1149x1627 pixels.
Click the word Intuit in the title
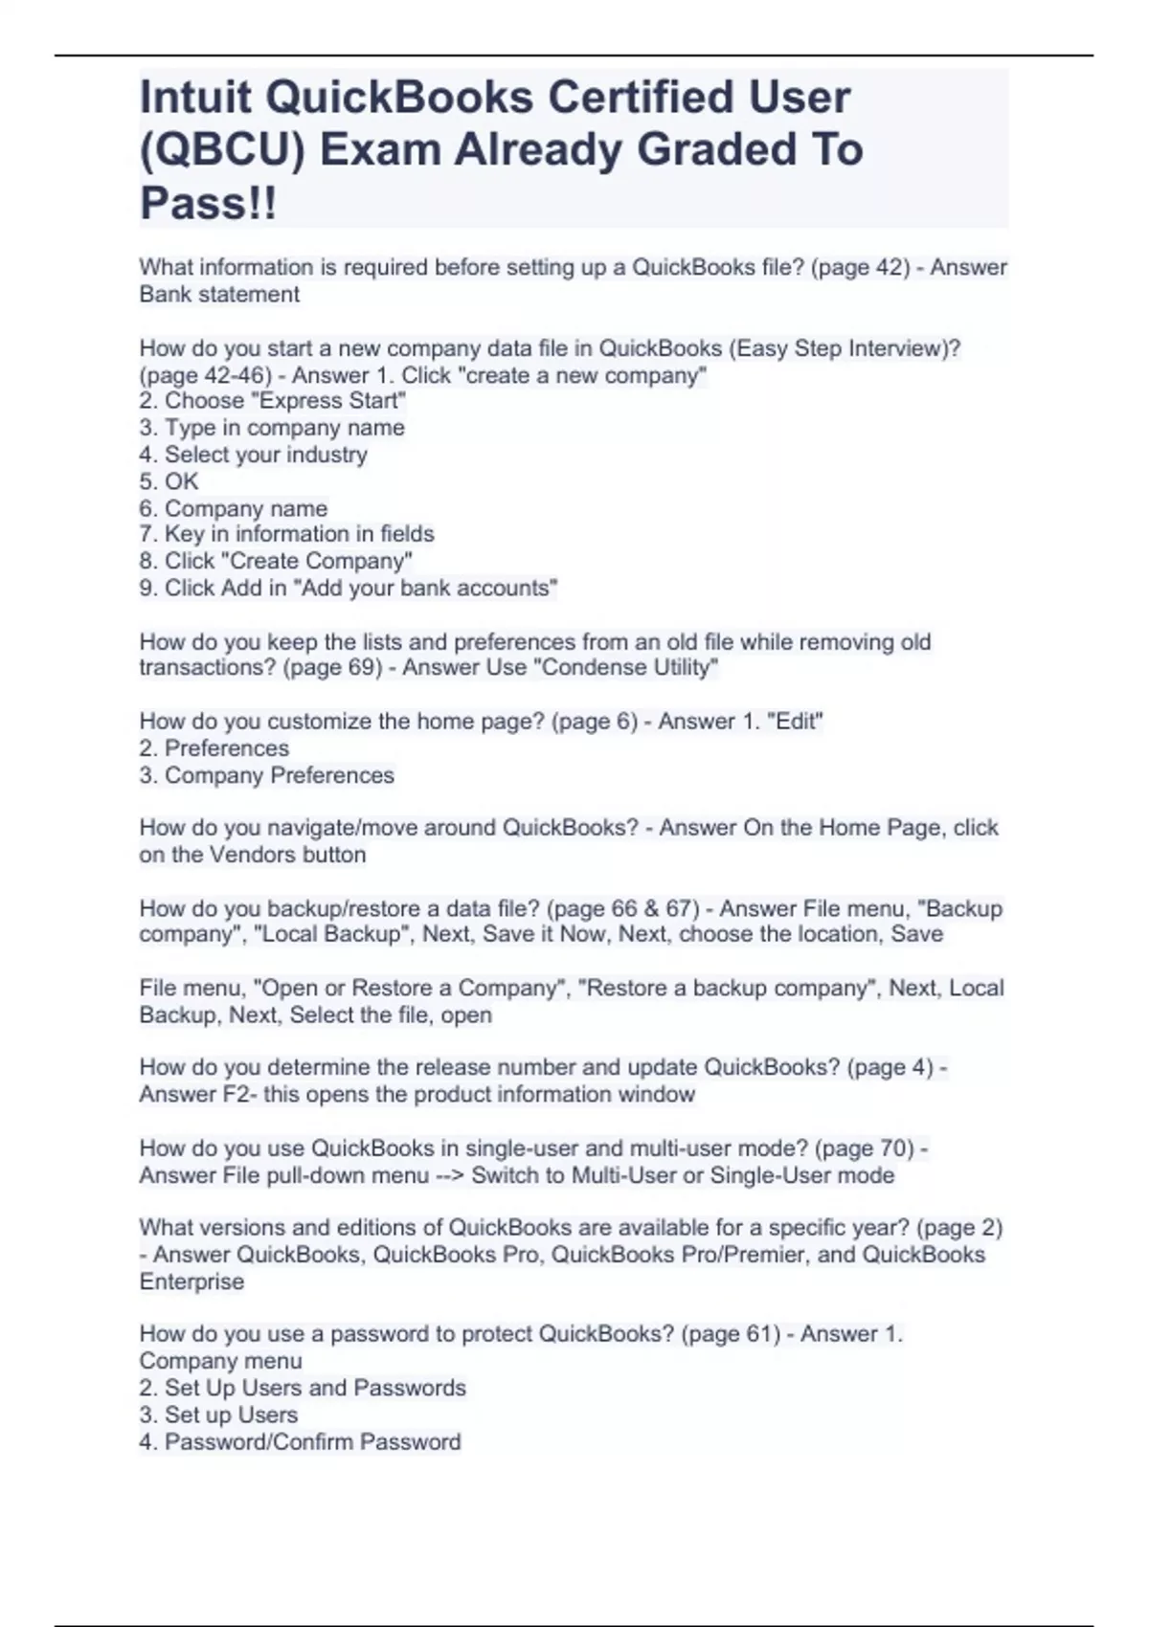point(194,98)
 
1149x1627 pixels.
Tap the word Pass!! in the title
point(208,203)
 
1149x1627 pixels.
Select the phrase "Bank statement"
point(219,294)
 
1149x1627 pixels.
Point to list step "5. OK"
point(169,481)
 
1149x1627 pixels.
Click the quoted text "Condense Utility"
point(629,668)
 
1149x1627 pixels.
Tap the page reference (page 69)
point(332,668)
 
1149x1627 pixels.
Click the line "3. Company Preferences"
point(267,775)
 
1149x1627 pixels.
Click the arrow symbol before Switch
point(450,1175)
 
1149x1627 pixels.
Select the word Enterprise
point(191,1282)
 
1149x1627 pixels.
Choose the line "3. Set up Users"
point(219,1415)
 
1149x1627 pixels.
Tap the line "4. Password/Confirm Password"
point(301,1441)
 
